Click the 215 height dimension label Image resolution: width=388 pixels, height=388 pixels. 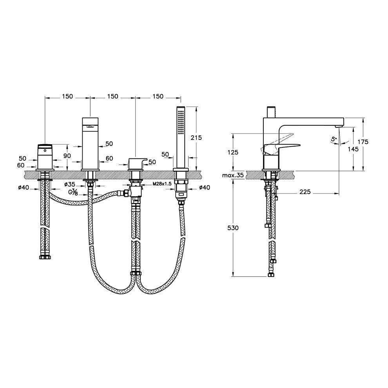(x=196, y=138)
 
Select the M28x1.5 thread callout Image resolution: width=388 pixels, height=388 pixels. (x=162, y=184)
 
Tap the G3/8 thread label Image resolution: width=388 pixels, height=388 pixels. (x=73, y=192)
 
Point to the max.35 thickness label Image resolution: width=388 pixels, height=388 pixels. (x=233, y=176)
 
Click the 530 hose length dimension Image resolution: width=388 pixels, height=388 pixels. (x=233, y=228)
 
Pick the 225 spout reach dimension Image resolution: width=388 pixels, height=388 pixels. (x=305, y=192)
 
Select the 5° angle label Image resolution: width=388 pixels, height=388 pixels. (x=334, y=139)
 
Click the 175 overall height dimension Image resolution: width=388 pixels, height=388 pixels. (x=363, y=142)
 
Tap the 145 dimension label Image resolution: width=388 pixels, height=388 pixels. (x=353, y=149)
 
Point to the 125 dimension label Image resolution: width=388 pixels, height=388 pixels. (x=233, y=152)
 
